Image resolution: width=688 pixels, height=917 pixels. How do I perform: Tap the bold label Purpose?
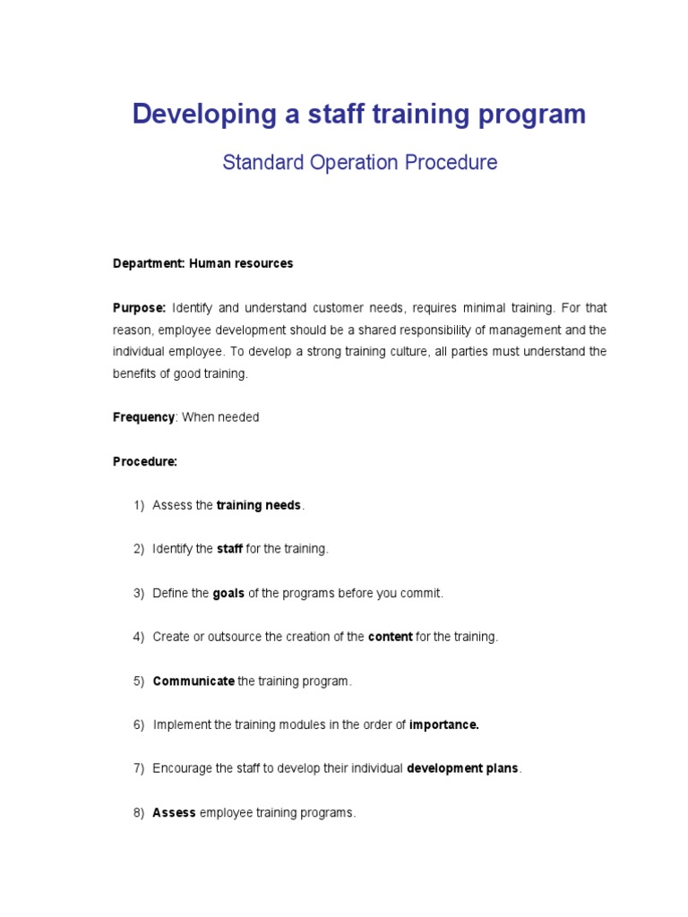pyautogui.click(x=139, y=307)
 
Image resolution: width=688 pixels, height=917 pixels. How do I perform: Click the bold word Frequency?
pyautogui.click(x=143, y=417)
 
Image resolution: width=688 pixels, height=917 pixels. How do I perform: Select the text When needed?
pyautogui.click(x=220, y=417)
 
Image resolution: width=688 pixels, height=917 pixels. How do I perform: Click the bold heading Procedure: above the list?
pyautogui.click(x=145, y=461)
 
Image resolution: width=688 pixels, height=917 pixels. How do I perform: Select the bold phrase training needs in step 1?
pyautogui.click(x=259, y=505)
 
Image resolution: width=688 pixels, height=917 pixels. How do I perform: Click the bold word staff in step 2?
pyautogui.click(x=229, y=549)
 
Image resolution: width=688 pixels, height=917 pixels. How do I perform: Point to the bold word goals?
pyautogui.click(x=228, y=593)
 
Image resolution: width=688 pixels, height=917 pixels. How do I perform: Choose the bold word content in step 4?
pyautogui.click(x=391, y=637)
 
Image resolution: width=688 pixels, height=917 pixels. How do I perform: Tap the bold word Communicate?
pyautogui.click(x=193, y=681)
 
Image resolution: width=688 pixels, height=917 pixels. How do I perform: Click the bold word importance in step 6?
pyautogui.click(x=443, y=724)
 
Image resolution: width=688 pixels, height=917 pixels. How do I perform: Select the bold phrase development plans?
pyautogui.click(x=462, y=768)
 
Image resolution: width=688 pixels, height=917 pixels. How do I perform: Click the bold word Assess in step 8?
pyautogui.click(x=174, y=813)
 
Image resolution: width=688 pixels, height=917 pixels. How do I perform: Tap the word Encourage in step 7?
pyautogui.click(x=183, y=768)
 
